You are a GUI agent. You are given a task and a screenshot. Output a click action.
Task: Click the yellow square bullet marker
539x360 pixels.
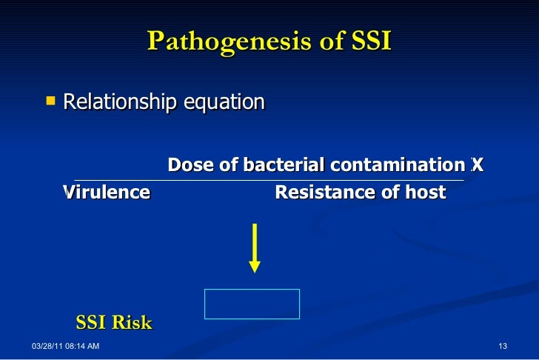click(50, 99)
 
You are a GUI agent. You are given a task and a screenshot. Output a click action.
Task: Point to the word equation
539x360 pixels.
click(224, 101)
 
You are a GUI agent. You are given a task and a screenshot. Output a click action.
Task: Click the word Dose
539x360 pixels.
click(188, 164)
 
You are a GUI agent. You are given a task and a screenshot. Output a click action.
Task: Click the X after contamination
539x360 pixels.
click(478, 164)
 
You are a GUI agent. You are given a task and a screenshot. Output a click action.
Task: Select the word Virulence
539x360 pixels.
click(107, 193)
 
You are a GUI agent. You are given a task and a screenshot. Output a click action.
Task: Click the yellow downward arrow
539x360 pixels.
click(255, 247)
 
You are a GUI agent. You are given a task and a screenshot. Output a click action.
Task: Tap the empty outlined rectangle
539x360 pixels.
click(252, 304)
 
